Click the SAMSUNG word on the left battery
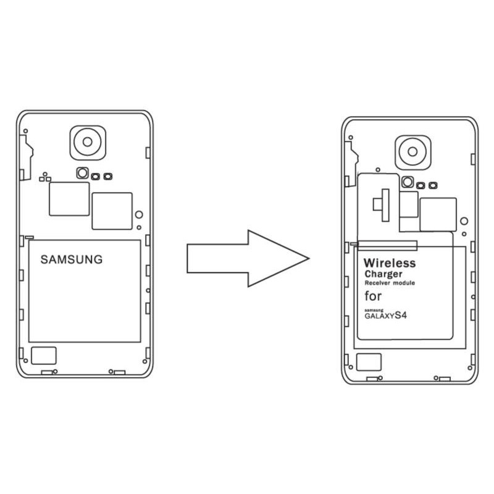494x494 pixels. coord(72,259)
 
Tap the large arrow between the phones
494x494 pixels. coord(248,258)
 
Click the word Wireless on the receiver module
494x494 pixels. coord(390,263)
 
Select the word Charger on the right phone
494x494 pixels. coord(383,274)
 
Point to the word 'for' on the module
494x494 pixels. coord(373,296)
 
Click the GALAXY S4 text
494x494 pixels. coord(385,316)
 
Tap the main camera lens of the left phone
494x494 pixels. coord(88,142)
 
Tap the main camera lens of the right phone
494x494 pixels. coord(412,152)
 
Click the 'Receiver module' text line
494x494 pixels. coord(390,283)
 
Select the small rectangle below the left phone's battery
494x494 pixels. coord(44,356)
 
